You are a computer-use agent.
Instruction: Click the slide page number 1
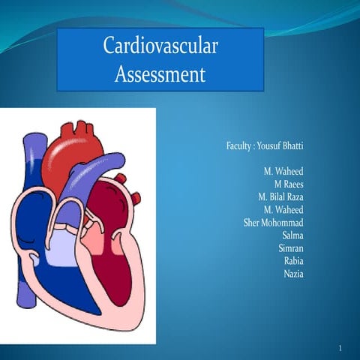tap(340, 349)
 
